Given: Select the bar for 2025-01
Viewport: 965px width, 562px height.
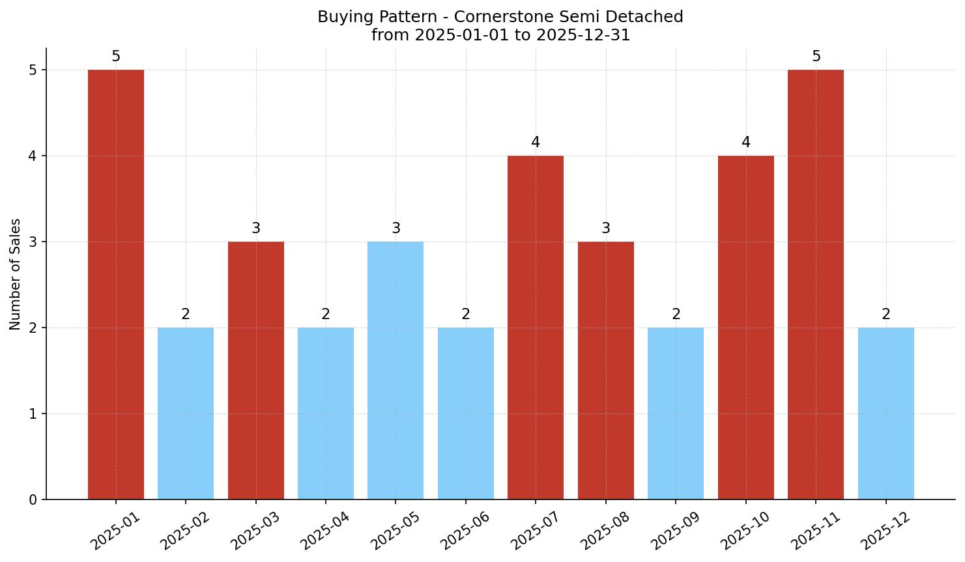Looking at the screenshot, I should point(116,285).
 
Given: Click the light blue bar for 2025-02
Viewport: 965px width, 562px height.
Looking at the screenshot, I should point(186,414).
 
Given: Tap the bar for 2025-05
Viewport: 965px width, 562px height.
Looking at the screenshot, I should point(396,371).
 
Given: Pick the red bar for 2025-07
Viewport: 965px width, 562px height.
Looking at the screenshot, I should point(536,328).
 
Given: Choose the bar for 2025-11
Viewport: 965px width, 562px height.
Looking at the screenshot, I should point(816,285).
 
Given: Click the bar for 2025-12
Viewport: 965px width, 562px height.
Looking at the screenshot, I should point(886,414).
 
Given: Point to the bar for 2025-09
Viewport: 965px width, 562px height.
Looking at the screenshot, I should point(676,414).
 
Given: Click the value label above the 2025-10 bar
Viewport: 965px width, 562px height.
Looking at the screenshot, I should point(746,143).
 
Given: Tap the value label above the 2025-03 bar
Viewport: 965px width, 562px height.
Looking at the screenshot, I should point(256,229).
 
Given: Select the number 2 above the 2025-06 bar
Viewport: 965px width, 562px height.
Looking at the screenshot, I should point(466,315).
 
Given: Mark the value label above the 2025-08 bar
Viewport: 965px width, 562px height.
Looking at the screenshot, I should point(606,229).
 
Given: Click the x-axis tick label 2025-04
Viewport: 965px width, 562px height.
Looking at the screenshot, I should point(325,530).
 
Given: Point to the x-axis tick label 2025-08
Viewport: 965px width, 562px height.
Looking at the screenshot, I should point(605,530).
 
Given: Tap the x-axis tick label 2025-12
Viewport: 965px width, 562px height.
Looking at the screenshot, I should point(886,530).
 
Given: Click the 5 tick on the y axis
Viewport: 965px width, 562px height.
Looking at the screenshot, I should point(33,70).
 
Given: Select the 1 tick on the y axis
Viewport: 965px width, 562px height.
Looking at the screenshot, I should point(33,414).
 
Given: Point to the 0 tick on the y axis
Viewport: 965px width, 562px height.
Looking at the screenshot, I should point(33,500).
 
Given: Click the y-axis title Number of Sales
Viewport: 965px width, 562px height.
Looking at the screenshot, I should point(16,274).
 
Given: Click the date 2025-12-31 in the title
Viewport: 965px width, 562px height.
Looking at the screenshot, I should point(583,35).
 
